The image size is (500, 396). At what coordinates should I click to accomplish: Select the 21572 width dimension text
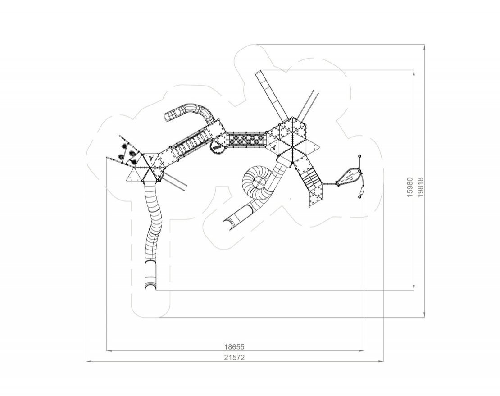234,357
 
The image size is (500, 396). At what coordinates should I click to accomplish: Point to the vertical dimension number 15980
410,187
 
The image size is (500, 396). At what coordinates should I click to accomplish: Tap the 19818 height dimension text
420,187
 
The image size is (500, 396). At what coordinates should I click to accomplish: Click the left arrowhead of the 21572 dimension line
89,361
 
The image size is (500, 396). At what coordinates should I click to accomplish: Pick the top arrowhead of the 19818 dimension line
424,47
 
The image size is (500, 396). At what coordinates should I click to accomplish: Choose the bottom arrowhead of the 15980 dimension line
414,287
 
